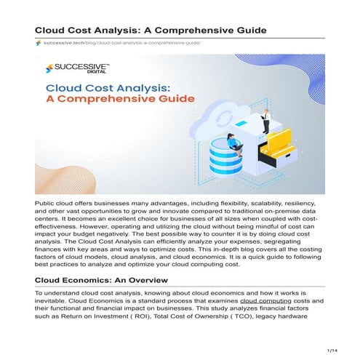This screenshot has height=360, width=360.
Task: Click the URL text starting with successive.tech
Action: (121, 43)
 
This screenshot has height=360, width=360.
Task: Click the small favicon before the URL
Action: (38, 43)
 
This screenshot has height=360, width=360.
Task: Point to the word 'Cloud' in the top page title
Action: (55, 29)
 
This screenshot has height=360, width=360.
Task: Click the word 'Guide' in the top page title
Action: (247, 29)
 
